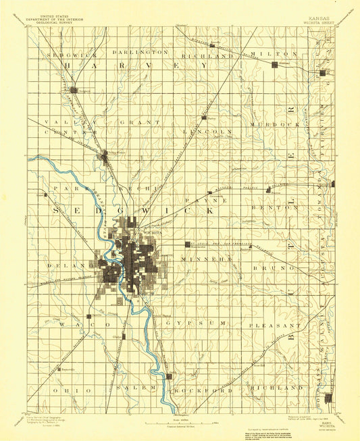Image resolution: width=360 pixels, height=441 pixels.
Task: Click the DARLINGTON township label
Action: pos(140,52)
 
